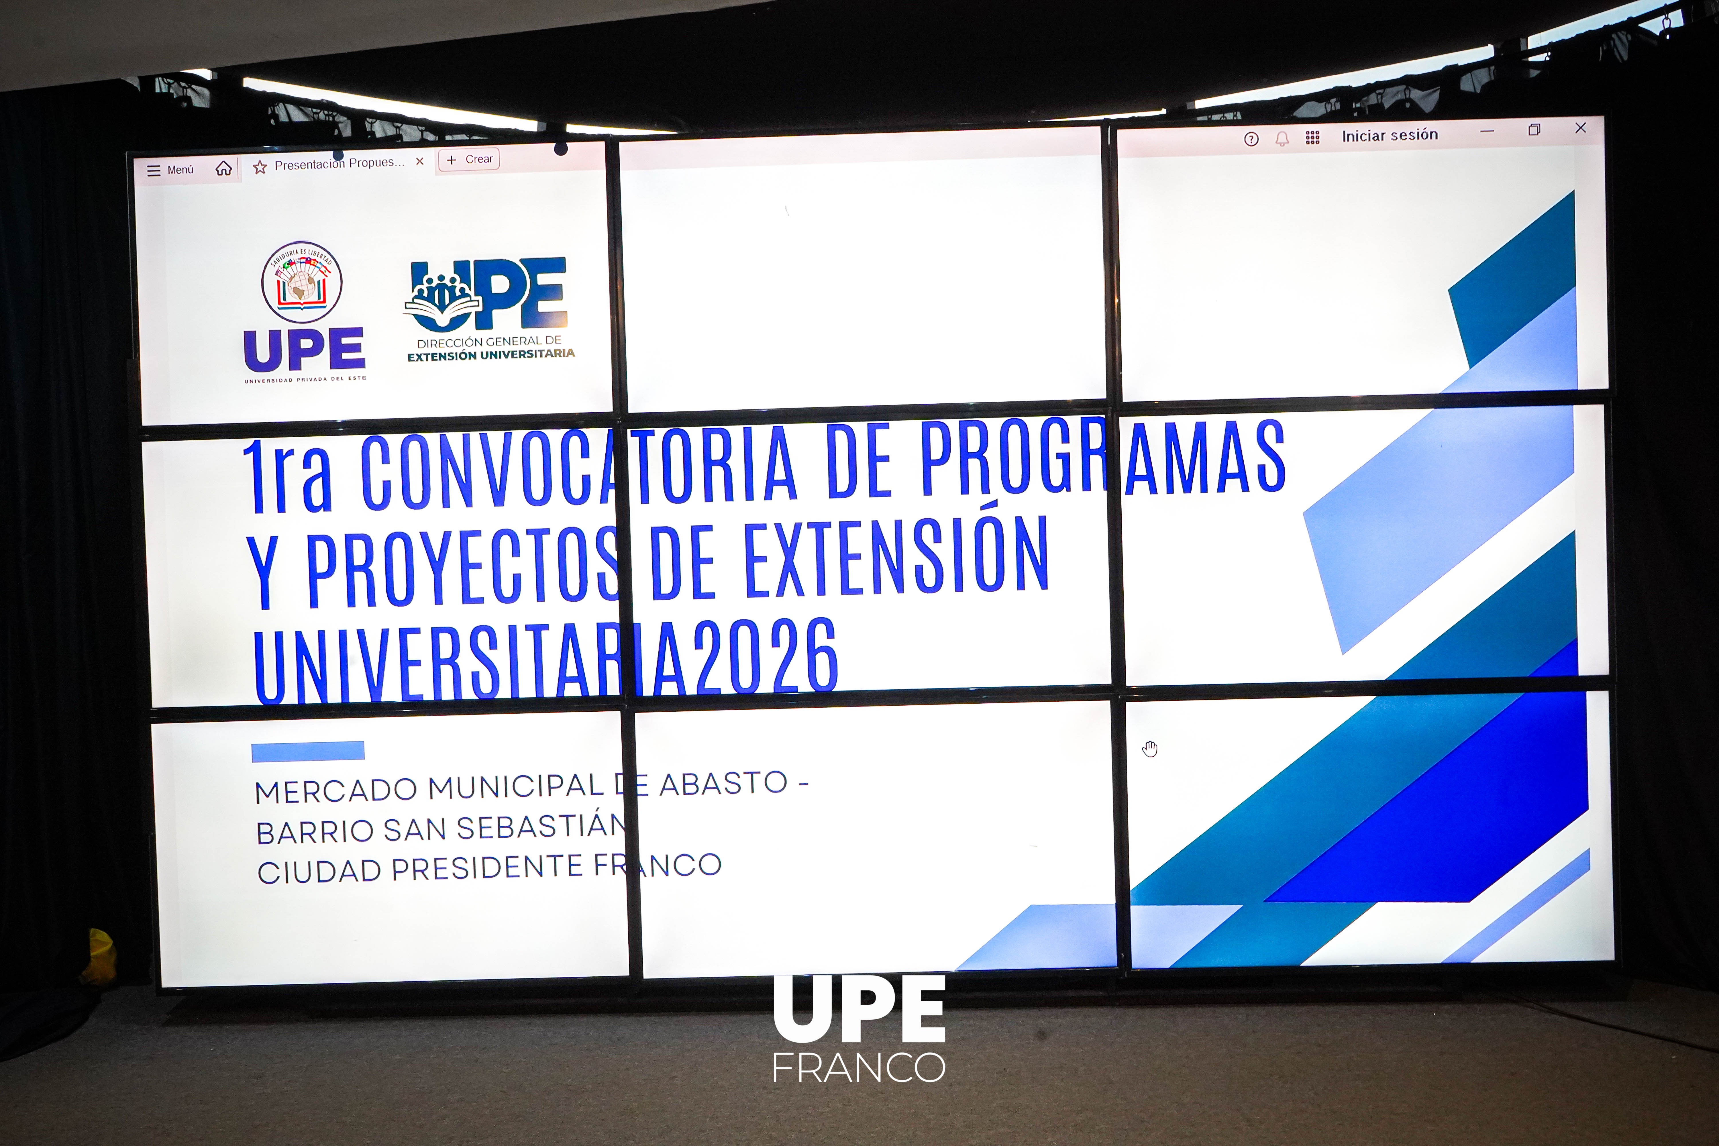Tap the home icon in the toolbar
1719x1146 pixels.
[224, 169]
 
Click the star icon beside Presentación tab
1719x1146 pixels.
[260, 167]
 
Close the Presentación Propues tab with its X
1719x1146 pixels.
[419, 162]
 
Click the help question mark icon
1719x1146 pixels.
[1251, 139]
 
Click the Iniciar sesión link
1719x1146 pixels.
[1389, 135]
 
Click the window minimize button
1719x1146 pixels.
[1487, 132]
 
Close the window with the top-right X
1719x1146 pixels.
[1580, 128]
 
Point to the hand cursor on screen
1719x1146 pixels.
[1150, 749]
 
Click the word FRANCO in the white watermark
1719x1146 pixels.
[859, 1068]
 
